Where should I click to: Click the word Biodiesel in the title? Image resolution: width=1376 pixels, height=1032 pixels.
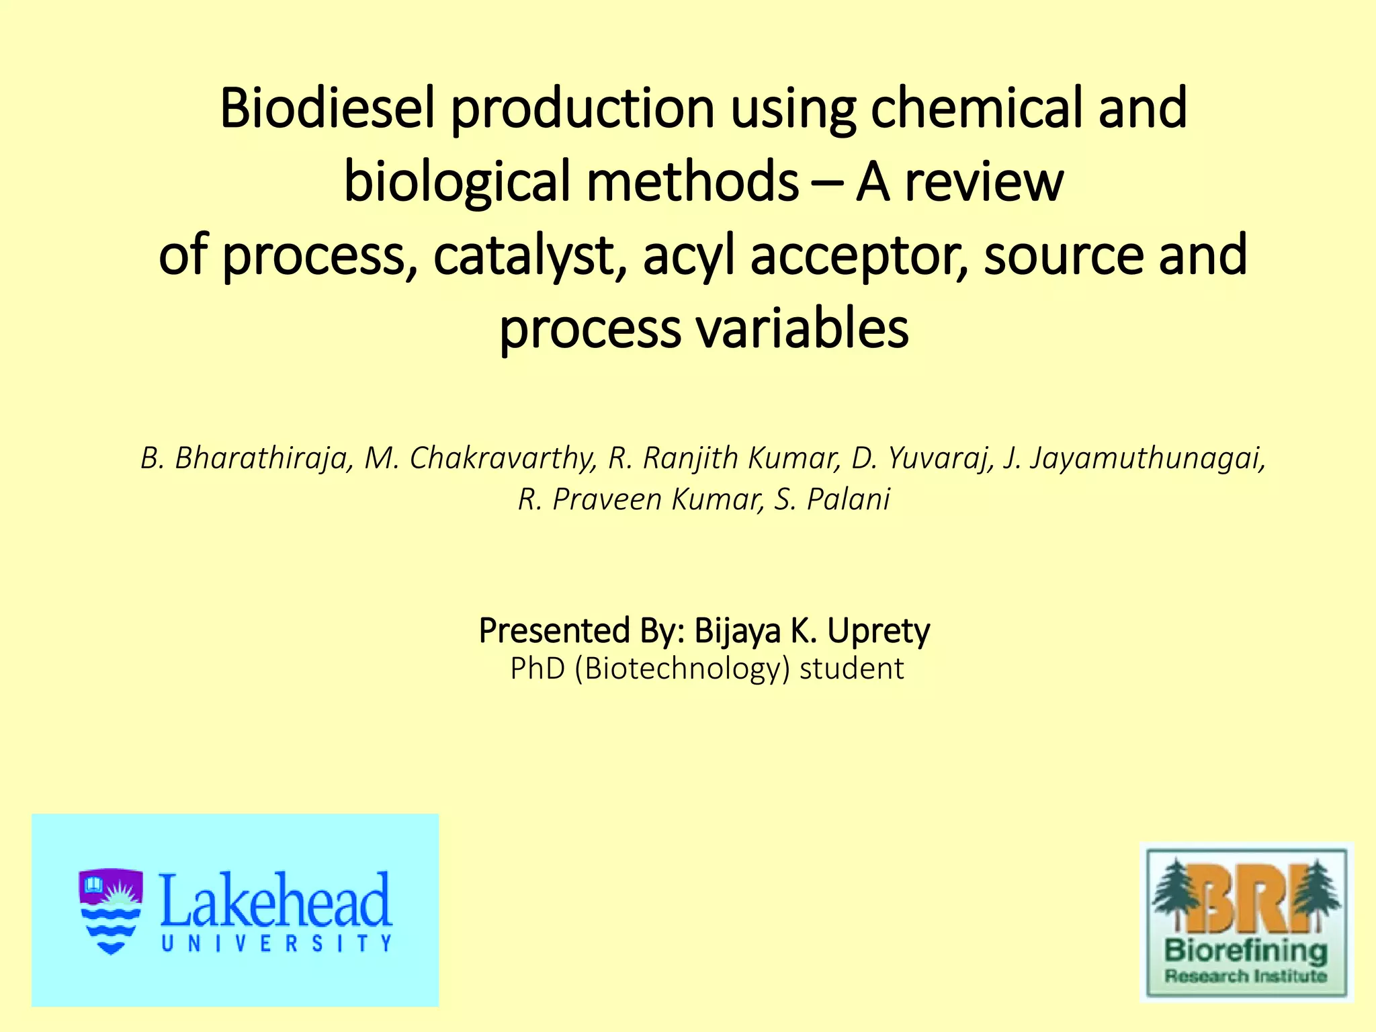(x=327, y=108)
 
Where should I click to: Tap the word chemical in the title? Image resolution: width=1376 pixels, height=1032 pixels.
(x=976, y=108)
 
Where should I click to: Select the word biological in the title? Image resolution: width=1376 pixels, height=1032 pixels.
(x=457, y=182)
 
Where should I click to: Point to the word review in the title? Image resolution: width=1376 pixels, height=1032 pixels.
(x=984, y=182)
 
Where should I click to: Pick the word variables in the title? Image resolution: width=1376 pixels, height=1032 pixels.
(x=802, y=329)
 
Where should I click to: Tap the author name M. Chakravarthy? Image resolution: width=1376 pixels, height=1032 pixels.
(x=480, y=458)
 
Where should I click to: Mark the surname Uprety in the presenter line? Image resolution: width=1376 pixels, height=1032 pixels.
(x=878, y=631)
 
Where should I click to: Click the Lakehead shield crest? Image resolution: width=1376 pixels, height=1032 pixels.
(x=111, y=911)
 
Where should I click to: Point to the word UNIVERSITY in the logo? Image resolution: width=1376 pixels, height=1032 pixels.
(x=276, y=943)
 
